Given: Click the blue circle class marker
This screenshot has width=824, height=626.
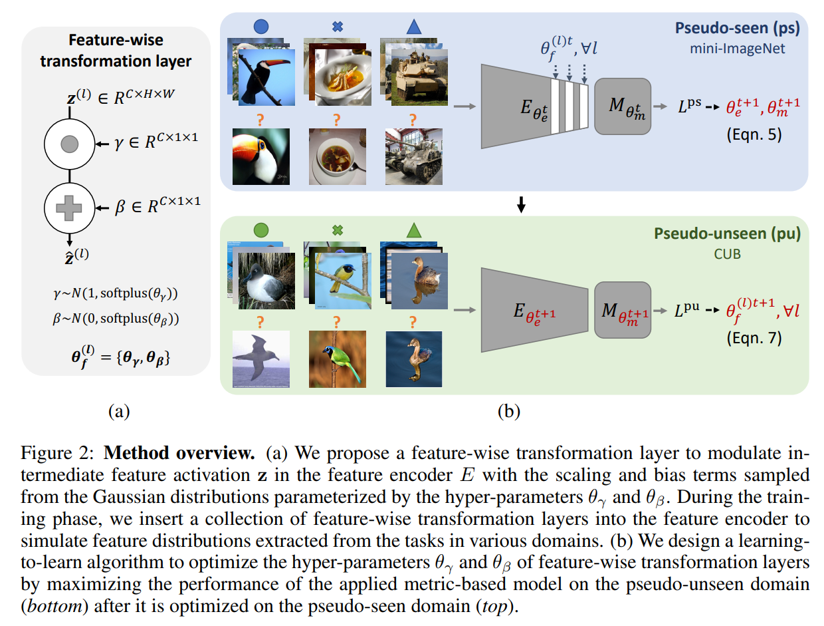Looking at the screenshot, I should tap(261, 27).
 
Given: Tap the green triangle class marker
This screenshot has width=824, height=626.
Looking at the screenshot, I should tap(413, 231).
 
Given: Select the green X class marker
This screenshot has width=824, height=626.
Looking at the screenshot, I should tap(337, 231).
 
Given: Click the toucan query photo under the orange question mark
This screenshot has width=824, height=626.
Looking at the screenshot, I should tap(260, 156).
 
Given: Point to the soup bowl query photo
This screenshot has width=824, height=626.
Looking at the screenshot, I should tap(337, 157).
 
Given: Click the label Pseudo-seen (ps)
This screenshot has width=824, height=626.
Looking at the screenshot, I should tap(737, 29).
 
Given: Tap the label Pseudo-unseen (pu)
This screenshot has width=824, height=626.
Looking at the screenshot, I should tap(727, 234).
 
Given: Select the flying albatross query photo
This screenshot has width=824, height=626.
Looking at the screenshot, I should tap(260, 359).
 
